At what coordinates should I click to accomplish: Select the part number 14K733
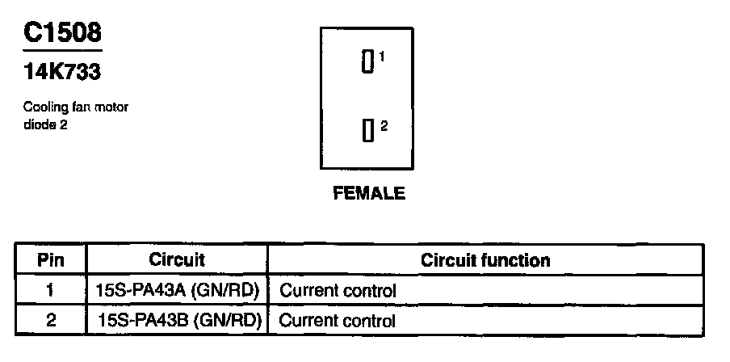pyautogui.click(x=62, y=72)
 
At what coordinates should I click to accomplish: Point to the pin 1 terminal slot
pyautogui.click(x=367, y=62)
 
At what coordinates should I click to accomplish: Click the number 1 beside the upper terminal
pyautogui.click(x=381, y=56)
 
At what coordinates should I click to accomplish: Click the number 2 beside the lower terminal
pyautogui.click(x=384, y=125)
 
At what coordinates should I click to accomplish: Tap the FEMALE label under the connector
pyautogui.click(x=368, y=194)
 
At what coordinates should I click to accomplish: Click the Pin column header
pyautogui.click(x=51, y=261)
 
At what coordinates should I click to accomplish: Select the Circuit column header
pyautogui.click(x=177, y=260)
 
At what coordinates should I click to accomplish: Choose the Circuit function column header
pyautogui.click(x=485, y=260)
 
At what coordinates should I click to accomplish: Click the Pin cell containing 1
pyautogui.click(x=51, y=290)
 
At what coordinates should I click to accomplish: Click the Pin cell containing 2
pyautogui.click(x=51, y=321)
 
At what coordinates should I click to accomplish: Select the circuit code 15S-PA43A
pyautogui.click(x=141, y=290)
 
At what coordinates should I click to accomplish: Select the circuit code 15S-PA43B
pyautogui.click(x=141, y=321)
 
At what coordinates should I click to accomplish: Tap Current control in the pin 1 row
pyautogui.click(x=338, y=290)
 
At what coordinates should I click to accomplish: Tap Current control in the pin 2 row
pyautogui.click(x=338, y=321)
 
